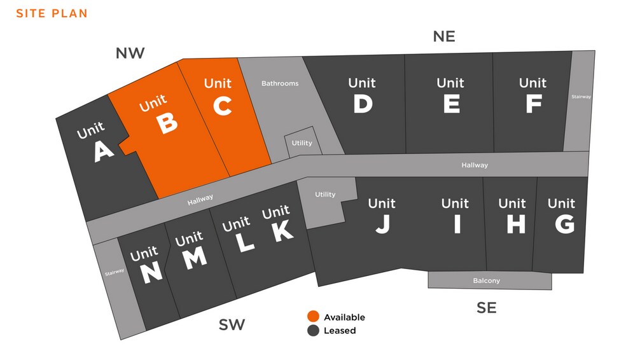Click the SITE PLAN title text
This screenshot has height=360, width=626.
(52, 13)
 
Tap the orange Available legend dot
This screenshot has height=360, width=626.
(313, 317)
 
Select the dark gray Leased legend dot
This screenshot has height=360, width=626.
(313, 331)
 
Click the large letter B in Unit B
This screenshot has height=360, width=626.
(166, 123)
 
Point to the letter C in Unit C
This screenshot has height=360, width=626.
(222, 106)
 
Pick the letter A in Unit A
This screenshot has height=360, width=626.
(103, 151)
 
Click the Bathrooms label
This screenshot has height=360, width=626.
(280, 83)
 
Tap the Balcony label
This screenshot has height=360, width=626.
(487, 280)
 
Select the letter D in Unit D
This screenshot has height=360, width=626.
(363, 104)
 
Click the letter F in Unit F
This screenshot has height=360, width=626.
(534, 104)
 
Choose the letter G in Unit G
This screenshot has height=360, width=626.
(564, 225)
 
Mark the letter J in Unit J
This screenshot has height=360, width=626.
(382, 225)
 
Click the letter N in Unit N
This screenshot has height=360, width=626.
(151, 273)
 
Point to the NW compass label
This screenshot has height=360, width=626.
(130, 53)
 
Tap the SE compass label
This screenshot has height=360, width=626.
(487, 308)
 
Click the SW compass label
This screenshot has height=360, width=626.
(232, 325)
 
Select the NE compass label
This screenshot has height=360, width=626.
(444, 36)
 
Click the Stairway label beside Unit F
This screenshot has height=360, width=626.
(581, 97)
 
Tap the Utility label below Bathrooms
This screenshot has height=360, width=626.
(302, 143)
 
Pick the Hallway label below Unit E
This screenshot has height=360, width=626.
(475, 165)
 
